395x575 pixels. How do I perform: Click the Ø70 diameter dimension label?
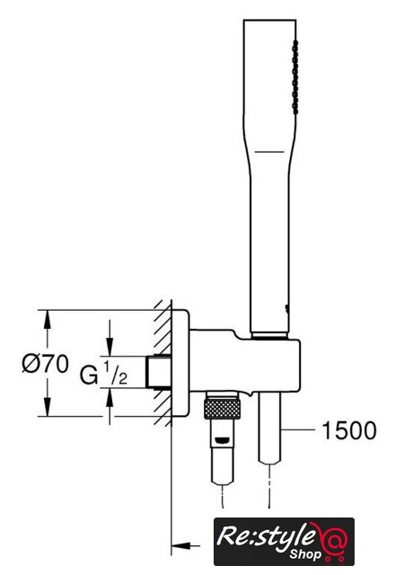tap(46, 364)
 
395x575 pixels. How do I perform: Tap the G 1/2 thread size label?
tap(104, 373)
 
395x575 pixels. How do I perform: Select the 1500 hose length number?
tap(349, 430)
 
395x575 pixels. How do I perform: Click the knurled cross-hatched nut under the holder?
tap(223, 409)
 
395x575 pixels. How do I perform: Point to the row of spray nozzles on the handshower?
tap(294, 77)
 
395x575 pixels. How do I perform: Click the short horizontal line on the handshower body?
tap(269, 152)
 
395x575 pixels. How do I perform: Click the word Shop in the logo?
tap(305, 553)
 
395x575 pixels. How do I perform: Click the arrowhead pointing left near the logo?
tap(180, 546)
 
